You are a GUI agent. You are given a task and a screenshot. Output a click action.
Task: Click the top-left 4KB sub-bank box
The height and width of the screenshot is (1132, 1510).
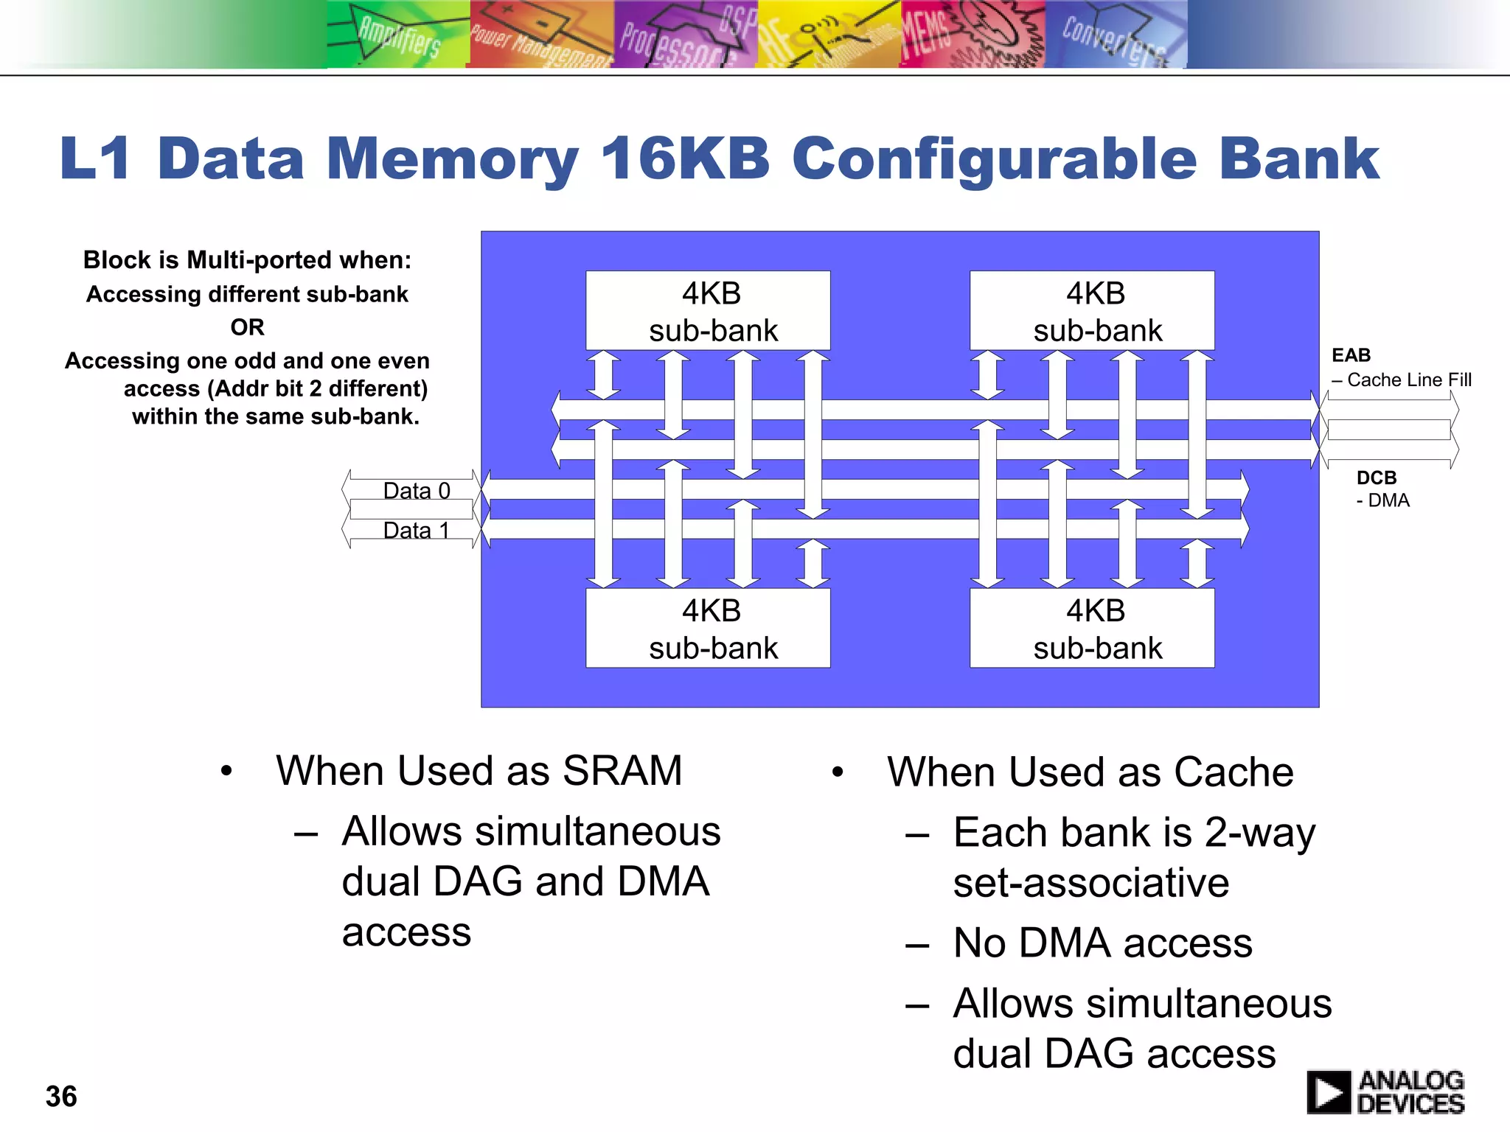[708, 311]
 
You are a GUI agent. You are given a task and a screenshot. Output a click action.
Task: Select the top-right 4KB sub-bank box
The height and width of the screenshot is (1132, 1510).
[1092, 311]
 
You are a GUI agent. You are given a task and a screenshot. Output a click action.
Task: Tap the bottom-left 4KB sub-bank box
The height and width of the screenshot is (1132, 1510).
[708, 629]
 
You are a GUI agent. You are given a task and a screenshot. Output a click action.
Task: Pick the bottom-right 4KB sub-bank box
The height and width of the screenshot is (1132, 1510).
[1092, 629]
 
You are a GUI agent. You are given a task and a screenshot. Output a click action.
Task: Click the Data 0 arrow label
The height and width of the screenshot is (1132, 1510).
[417, 491]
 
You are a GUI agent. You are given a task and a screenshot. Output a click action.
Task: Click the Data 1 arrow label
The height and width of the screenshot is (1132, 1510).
[417, 531]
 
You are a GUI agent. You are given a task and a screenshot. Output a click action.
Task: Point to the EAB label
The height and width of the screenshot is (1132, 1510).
[1351, 355]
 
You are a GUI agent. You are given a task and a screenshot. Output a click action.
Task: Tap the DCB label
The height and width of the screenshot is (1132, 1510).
[1376, 478]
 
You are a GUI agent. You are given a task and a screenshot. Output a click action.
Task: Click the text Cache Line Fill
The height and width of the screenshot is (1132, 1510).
[1408, 380]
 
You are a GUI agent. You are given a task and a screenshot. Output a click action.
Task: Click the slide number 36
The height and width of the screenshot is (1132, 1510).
[61, 1096]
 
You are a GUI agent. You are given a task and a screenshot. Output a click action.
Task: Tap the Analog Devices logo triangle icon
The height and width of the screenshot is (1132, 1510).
[1329, 1092]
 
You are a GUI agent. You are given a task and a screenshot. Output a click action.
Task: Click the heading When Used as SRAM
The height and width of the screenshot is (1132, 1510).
[479, 771]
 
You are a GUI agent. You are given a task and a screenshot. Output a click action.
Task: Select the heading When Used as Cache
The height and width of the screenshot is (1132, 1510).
[1090, 772]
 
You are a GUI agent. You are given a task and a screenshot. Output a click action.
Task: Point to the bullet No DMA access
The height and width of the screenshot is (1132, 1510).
[1102, 943]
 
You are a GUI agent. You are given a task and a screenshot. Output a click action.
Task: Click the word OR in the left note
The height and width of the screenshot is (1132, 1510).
[247, 327]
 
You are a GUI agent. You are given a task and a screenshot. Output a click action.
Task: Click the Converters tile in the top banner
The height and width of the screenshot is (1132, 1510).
[1115, 35]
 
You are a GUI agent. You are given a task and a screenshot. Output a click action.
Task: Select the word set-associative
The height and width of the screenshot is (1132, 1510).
[1090, 883]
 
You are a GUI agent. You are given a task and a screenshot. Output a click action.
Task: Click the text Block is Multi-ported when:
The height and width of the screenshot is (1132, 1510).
[247, 260]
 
